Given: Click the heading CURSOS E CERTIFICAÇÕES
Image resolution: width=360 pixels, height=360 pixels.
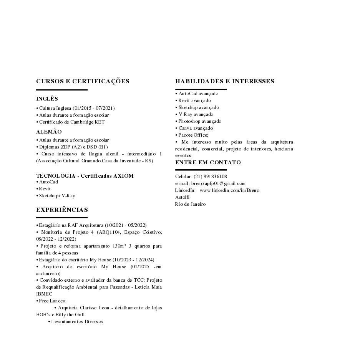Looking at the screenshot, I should (x=83, y=81).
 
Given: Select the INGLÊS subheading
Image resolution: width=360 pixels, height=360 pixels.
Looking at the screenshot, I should (x=47, y=99).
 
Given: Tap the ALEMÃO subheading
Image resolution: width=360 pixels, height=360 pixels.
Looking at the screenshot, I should (x=49, y=132).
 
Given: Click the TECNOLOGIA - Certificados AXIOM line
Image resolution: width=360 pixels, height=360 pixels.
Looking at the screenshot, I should (x=85, y=176).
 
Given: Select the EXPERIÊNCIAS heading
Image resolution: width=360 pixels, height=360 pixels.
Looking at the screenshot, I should (x=62, y=210).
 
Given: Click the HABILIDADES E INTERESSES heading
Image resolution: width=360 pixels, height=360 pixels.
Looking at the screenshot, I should (x=225, y=81).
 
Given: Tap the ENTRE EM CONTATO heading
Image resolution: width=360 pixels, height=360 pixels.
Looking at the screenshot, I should (x=208, y=163).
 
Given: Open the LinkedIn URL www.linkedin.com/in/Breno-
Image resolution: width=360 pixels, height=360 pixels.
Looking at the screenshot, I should (x=230, y=190).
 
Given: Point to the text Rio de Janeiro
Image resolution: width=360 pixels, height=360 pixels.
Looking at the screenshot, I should (x=190, y=204).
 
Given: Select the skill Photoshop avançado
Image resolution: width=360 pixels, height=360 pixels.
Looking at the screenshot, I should (x=200, y=121).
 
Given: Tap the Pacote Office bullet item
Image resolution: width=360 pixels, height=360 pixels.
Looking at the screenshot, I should (x=193, y=135).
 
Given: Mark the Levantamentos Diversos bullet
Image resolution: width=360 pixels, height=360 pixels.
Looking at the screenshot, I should (x=77, y=322).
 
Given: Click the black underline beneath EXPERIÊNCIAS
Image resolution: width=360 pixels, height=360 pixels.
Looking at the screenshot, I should (x=62, y=218).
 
